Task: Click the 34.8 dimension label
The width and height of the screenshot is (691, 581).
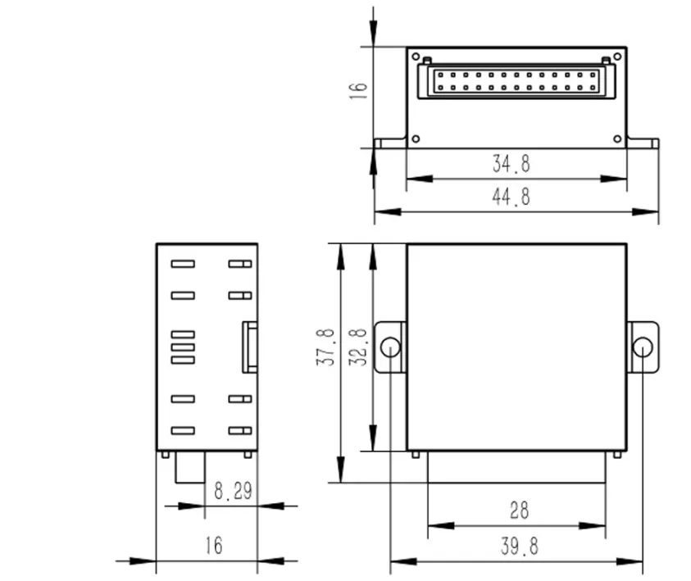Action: point(511,164)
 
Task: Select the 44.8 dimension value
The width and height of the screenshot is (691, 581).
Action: point(511,197)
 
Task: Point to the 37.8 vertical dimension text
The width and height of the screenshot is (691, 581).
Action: point(326,347)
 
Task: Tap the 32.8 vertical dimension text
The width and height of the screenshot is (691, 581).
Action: point(358,347)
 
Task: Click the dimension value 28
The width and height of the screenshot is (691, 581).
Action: point(519,511)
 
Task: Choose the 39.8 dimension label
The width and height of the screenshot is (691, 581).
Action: point(518,546)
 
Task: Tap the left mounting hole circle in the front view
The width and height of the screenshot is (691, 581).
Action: point(391,347)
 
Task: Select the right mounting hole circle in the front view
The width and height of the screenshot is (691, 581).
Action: point(643,347)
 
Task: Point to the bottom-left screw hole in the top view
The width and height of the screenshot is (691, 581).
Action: point(416,138)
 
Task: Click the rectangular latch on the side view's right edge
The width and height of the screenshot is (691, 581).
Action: point(249,347)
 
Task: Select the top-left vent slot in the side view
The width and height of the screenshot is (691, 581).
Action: point(183,265)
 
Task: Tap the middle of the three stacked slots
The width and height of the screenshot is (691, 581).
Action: point(183,347)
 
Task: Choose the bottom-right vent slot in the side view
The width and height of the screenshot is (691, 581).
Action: point(239,430)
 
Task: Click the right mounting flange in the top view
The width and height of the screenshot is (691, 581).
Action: point(643,143)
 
